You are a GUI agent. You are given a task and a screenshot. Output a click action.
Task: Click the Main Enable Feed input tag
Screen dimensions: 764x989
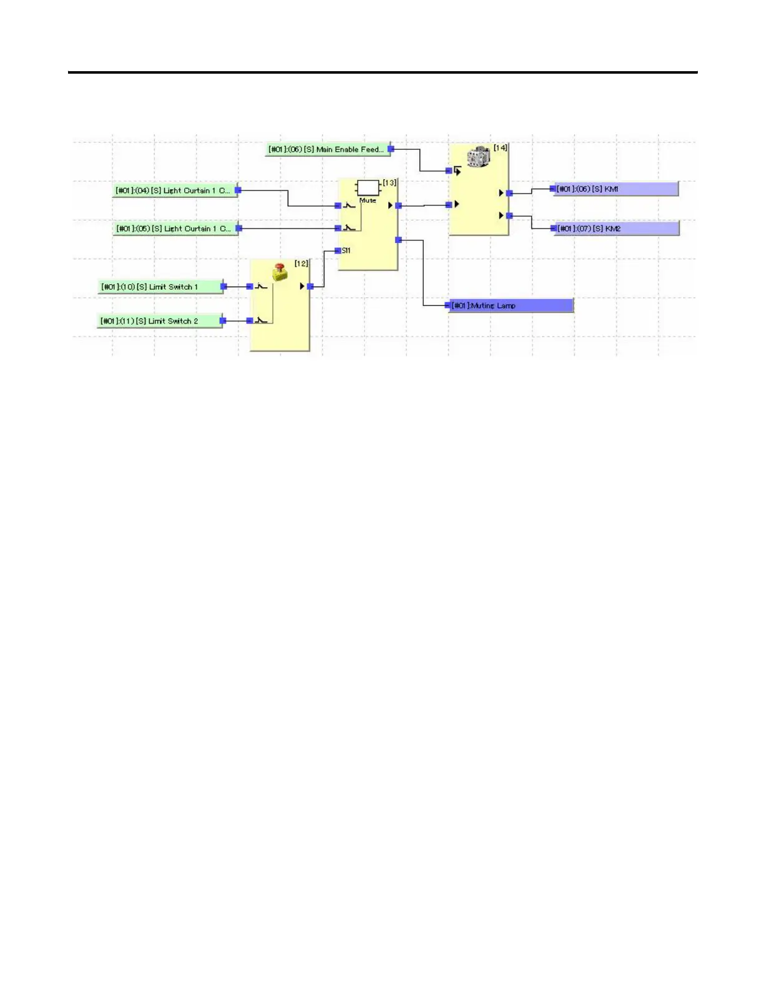click(326, 150)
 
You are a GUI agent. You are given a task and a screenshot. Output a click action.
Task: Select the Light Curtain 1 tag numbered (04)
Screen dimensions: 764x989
click(174, 190)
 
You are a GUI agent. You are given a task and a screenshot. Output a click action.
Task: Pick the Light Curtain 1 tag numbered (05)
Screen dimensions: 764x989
click(174, 229)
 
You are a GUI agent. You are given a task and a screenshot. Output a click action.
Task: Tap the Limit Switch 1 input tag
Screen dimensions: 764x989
click(159, 287)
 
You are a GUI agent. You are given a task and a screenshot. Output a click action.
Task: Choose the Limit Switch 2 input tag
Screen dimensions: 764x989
click(159, 321)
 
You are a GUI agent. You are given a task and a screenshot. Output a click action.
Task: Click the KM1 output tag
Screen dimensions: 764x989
click(615, 189)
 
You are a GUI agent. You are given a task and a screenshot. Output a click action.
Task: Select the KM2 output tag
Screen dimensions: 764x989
click(616, 229)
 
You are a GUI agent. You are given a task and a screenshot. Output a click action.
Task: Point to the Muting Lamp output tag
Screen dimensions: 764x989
click(511, 306)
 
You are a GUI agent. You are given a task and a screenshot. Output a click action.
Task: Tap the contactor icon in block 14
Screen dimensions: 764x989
click(479, 157)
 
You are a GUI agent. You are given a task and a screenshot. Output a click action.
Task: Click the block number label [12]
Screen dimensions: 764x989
click(301, 263)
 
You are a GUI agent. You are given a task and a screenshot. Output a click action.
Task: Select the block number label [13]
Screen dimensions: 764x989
click(389, 183)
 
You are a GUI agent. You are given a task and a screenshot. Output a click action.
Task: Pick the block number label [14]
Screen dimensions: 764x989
click(501, 148)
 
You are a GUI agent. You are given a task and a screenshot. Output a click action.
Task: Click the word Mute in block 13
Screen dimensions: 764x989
click(368, 200)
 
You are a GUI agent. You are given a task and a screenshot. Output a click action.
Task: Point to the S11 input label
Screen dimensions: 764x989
click(346, 250)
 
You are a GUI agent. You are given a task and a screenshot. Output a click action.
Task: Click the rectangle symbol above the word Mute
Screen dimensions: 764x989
click(368, 188)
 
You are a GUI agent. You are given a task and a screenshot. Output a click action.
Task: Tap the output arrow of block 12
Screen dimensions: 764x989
click(303, 287)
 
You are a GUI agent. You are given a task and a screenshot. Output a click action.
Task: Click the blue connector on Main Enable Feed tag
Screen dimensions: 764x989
click(391, 149)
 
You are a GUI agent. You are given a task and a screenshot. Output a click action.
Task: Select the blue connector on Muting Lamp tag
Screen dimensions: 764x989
click(448, 306)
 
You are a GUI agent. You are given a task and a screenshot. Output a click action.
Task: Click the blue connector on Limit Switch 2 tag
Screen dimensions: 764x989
click(223, 321)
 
